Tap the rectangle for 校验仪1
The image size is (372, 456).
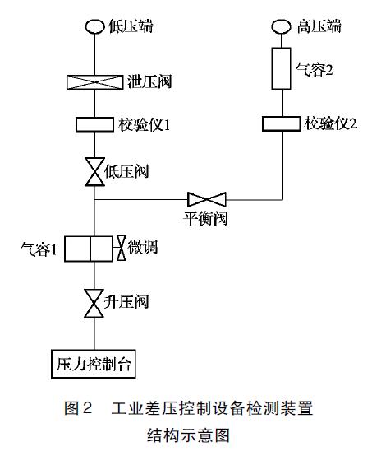[94, 124]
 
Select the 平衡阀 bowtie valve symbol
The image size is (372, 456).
[207, 199]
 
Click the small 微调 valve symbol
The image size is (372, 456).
[121, 248]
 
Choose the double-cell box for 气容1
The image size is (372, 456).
[89, 248]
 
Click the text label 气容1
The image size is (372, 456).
[38, 249]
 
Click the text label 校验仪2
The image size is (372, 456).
[333, 124]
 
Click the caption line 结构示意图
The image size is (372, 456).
[186, 433]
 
